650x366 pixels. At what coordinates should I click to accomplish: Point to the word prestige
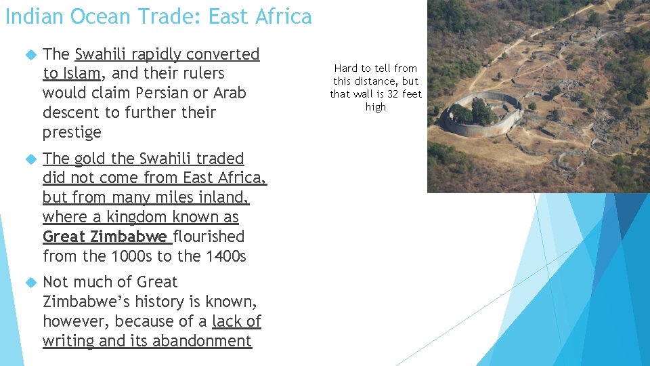pyautogui.click(x=72, y=132)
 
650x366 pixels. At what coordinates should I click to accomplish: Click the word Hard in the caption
pyautogui.click(x=347, y=68)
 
